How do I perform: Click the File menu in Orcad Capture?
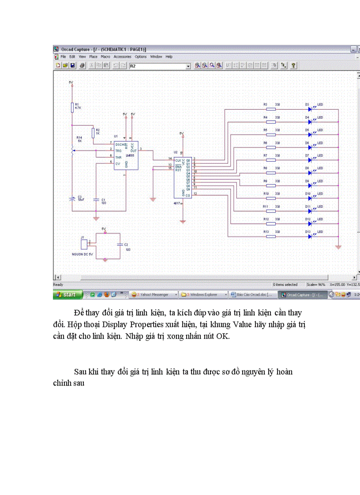click(63, 57)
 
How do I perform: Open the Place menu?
click(93, 57)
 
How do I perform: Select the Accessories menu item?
click(122, 57)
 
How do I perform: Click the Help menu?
click(169, 57)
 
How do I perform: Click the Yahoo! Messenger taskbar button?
click(154, 294)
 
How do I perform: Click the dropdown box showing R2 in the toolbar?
click(159, 66)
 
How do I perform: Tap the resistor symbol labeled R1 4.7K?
click(71, 107)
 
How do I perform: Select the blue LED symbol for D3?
click(310, 108)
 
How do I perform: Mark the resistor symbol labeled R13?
click(271, 236)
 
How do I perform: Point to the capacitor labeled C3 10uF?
click(71, 199)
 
